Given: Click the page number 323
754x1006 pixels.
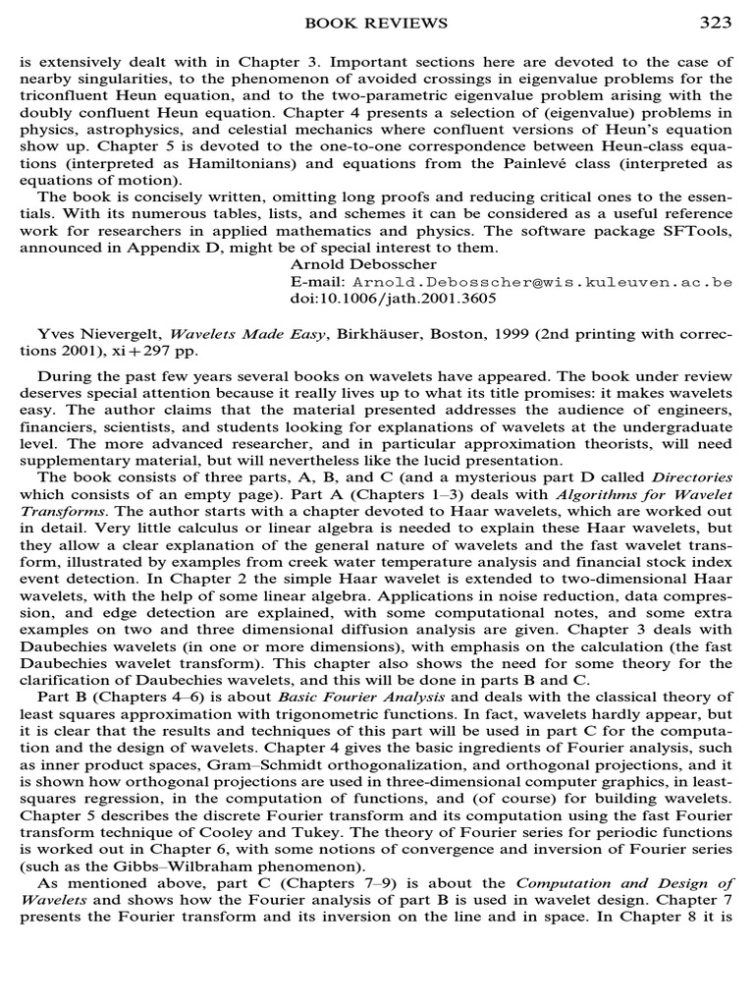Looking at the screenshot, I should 715,23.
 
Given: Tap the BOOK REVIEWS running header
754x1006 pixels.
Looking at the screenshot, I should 377,23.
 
